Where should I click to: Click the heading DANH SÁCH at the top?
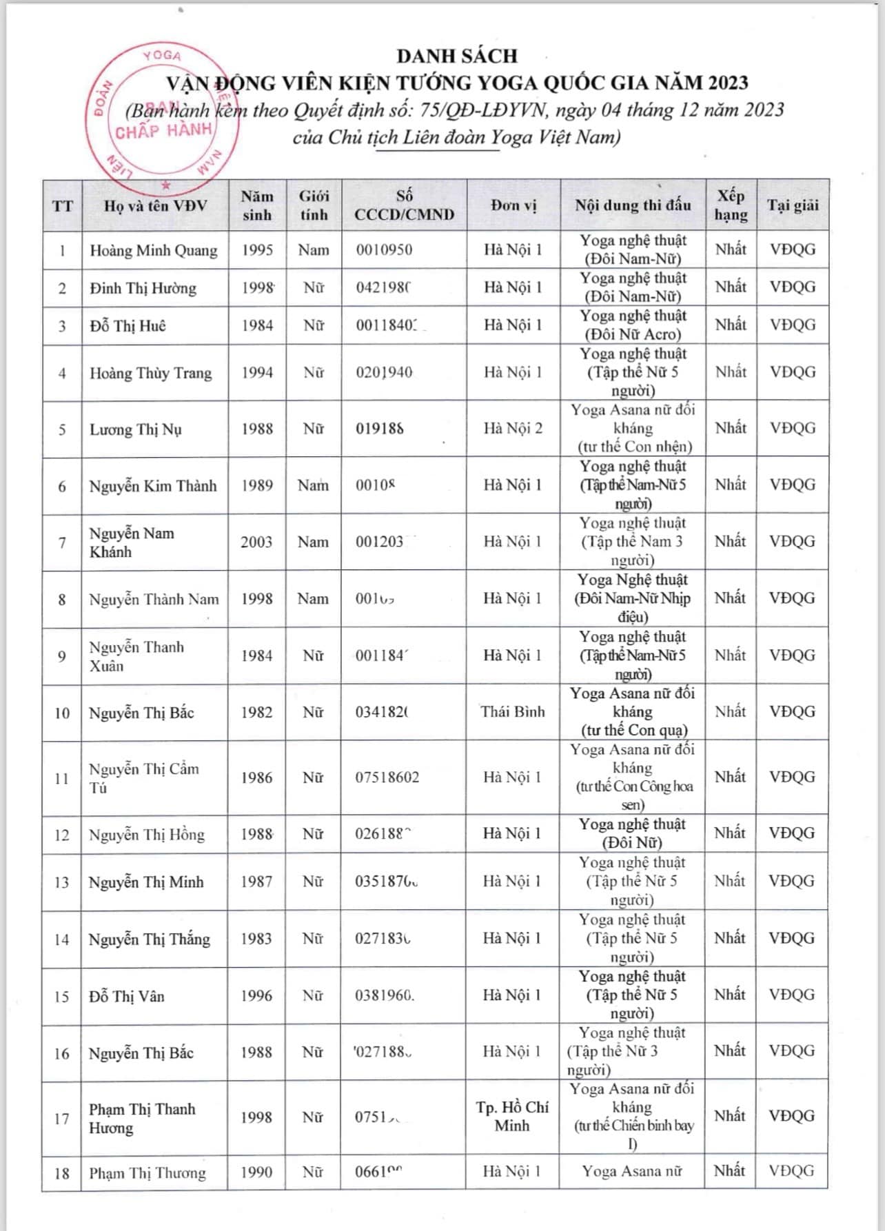tap(456, 56)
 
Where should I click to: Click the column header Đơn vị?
tap(513, 205)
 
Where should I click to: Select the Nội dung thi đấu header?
tap(633, 205)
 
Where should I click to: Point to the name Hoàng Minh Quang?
tap(153, 250)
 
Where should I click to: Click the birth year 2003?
tap(256, 542)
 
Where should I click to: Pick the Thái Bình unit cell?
tap(513, 712)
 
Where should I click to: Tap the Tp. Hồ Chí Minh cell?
tap(512, 1117)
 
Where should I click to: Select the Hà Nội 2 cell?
tap(513, 429)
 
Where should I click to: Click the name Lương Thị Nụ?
tap(135, 429)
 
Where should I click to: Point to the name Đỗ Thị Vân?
tap(127, 997)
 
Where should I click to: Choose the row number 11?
tap(62, 779)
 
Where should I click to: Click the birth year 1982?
tap(256, 713)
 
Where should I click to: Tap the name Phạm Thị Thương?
tap(147, 1173)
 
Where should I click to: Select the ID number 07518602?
tap(387, 778)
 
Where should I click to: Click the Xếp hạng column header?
tap(731, 205)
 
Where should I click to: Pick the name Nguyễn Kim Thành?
tap(153, 486)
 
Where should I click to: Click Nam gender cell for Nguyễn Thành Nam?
tap(313, 599)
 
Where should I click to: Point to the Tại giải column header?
tap(793, 205)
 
